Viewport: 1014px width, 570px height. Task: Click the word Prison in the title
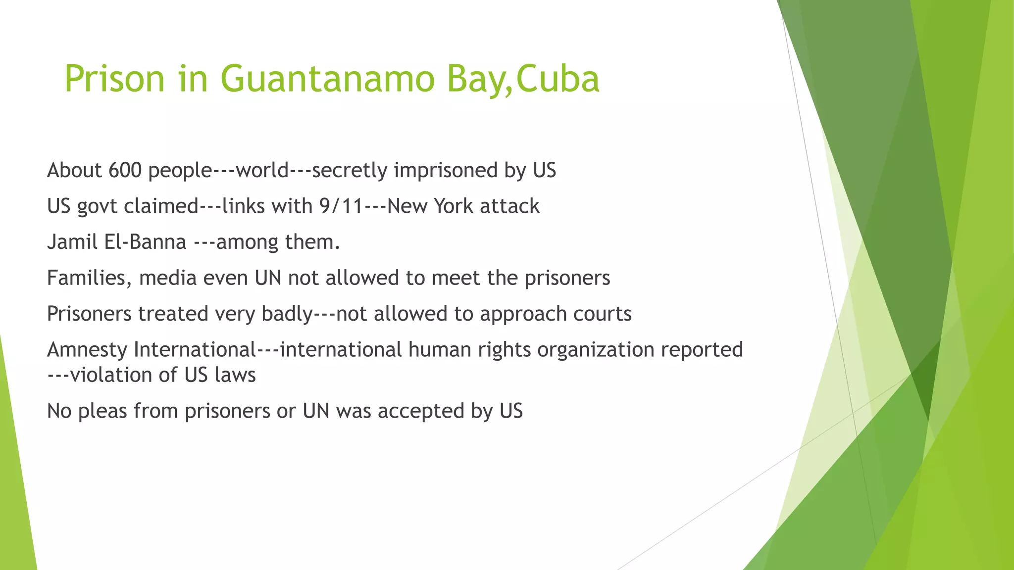[114, 79]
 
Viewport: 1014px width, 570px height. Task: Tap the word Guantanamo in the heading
[327, 79]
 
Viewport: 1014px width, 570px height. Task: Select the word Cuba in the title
[558, 79]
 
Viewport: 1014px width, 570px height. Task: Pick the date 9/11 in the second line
[342, 206]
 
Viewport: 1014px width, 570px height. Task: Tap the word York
[454, 206]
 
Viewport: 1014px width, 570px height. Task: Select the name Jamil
[72, 242]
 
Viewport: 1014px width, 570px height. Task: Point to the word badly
[287, 314]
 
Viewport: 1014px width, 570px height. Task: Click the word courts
[602, 314]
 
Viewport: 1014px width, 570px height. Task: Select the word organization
[596, 350]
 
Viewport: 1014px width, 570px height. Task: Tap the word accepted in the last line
[421, 411]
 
